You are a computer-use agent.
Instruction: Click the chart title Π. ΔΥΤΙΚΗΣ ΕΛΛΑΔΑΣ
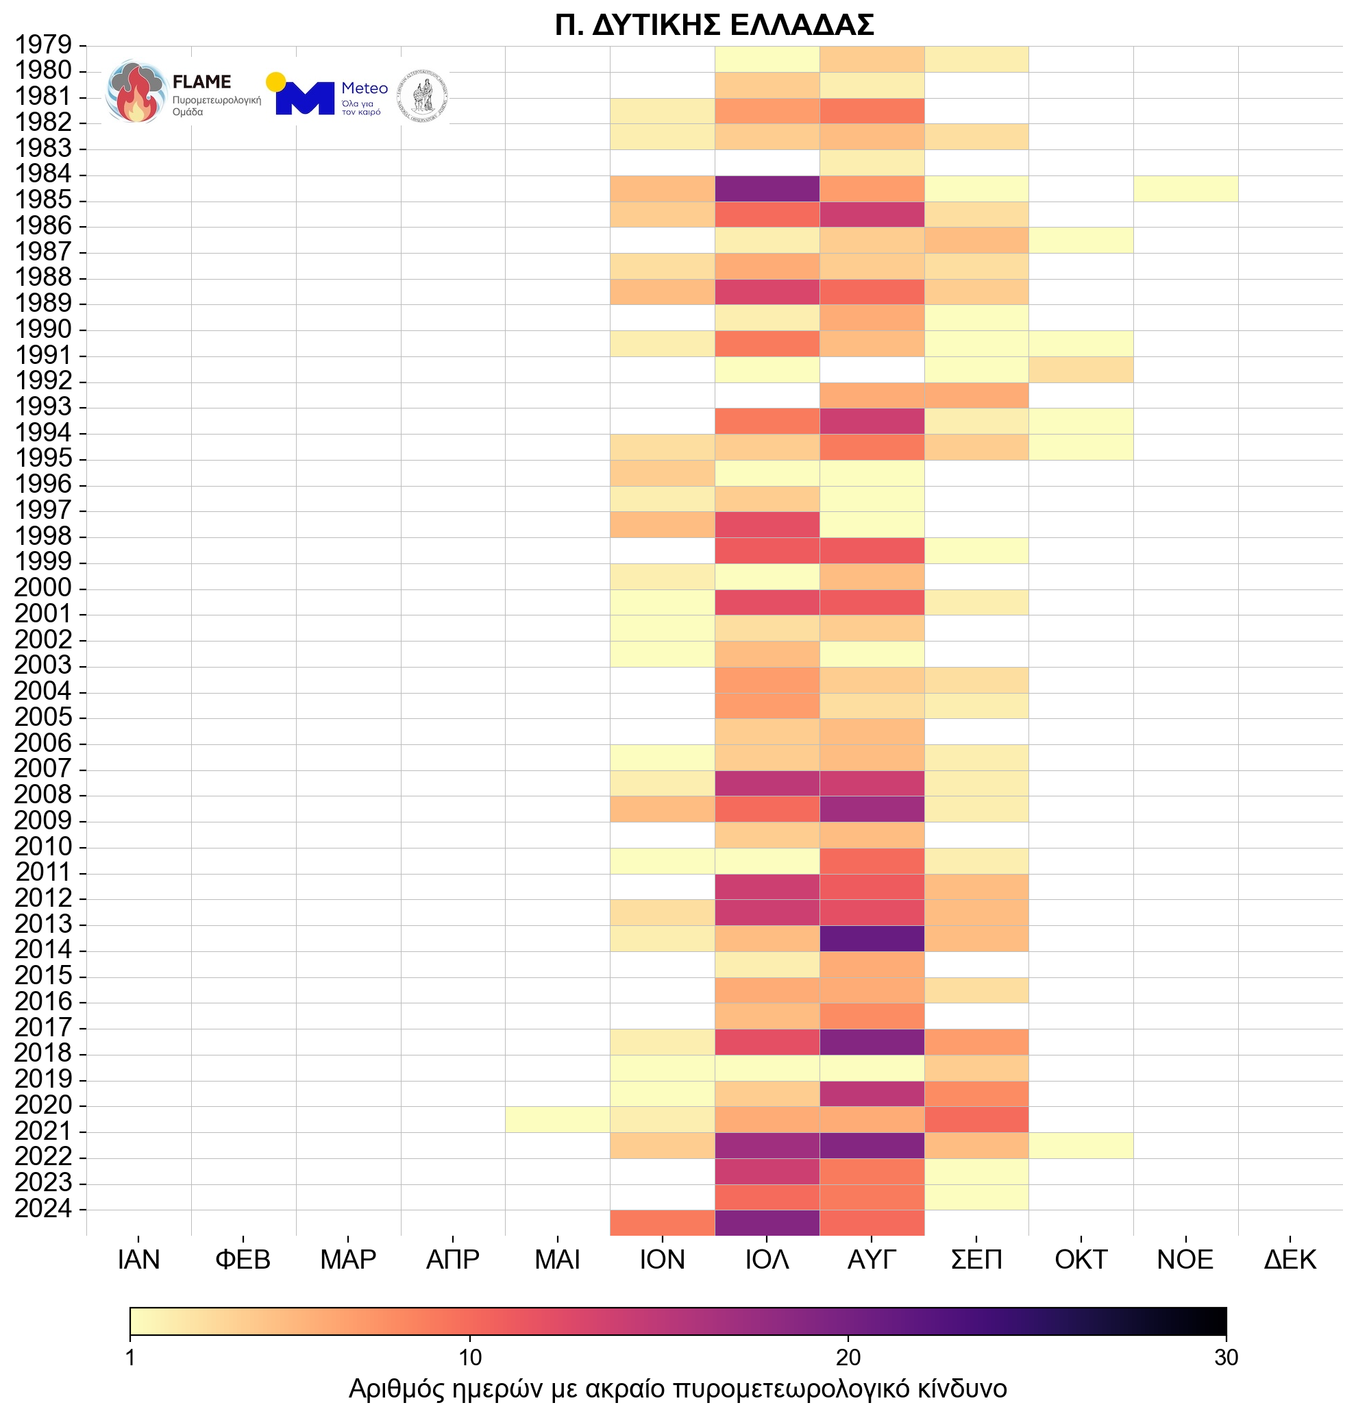pos(714,25)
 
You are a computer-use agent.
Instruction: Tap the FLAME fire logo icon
pos(134,93)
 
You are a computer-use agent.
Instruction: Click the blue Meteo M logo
pos(304,97)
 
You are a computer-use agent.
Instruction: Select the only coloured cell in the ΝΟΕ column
pos(1185,188)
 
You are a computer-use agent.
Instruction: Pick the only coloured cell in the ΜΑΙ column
pos(557,1119)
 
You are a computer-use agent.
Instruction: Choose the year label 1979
pos(43,45)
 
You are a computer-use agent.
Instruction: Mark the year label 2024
pos(43,1208)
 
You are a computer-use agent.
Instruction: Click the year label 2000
pos(43,587)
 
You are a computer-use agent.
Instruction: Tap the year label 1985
pos(43,200)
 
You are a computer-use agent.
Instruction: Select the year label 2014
pos(43,949)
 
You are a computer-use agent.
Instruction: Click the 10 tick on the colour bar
pos(469,1358)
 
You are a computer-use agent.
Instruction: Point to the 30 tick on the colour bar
pos(1226,1358)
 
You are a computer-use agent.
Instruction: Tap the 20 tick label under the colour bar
pos(848,1358)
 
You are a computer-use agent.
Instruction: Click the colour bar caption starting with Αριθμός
pos(678,1389)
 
